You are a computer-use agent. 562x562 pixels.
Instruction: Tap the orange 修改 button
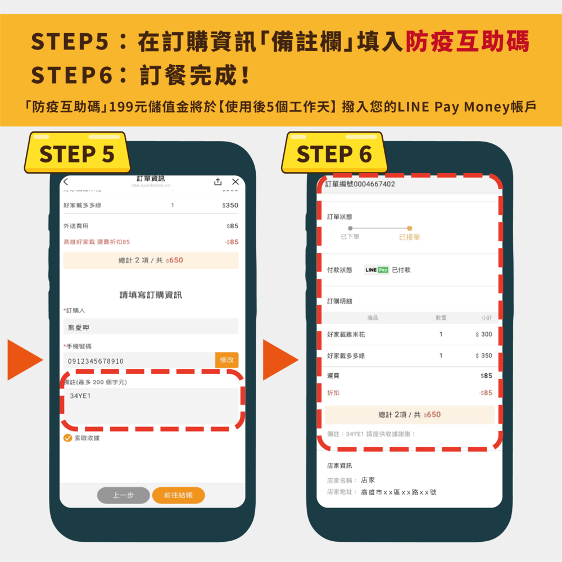click(x=226, y=360)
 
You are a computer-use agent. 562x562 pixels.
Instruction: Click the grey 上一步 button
click(x=123, y=495)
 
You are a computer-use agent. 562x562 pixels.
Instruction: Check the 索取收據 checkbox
click(x=68, y=438)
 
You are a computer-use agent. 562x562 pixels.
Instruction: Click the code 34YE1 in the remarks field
click(x=80, y=396)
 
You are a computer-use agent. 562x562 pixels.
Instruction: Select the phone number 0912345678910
click(x=96, y=361)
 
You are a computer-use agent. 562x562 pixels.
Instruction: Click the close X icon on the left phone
click(x=235, y=182)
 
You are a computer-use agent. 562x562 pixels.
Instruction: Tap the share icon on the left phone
click(x=218, y=182)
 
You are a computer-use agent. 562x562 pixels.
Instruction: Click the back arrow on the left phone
click(x=66, y=182)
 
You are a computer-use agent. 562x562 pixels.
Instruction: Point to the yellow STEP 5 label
click(x=77, y=153)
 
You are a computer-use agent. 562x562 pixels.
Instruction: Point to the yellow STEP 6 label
click(x=334, y=153)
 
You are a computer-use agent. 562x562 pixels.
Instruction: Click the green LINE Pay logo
click(x=377, y=270)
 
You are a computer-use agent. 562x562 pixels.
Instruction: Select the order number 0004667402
click(x=374, y=184)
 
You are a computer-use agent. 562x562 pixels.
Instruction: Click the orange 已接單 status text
click(x=409, y=237)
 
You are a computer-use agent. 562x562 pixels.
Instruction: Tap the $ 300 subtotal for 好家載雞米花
click(x=483, y=334)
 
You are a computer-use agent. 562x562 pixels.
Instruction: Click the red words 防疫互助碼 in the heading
click(x=468, y=42)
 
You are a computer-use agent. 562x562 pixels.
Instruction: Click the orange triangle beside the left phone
click(x=24, y=360)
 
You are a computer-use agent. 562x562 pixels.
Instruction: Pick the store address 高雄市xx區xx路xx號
click(x=398, y=492)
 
